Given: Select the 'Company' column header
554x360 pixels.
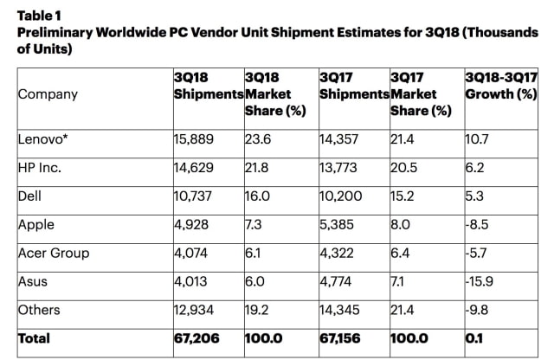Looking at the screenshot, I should click(48, 94).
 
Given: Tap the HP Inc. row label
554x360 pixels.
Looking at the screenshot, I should click(40, 166).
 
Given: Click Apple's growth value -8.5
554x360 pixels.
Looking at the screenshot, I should click(478, 225).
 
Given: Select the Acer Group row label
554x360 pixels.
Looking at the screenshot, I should click(54, 254).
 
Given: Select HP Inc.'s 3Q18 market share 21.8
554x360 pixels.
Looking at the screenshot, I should click(258, 166).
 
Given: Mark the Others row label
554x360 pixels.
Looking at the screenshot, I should click(39, 310).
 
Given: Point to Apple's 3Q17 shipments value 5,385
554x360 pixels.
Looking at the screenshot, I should click(338, 225).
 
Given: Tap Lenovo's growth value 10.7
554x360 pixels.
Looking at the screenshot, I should click(477, 136).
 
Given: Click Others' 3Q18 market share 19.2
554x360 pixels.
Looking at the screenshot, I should click(258, 310).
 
